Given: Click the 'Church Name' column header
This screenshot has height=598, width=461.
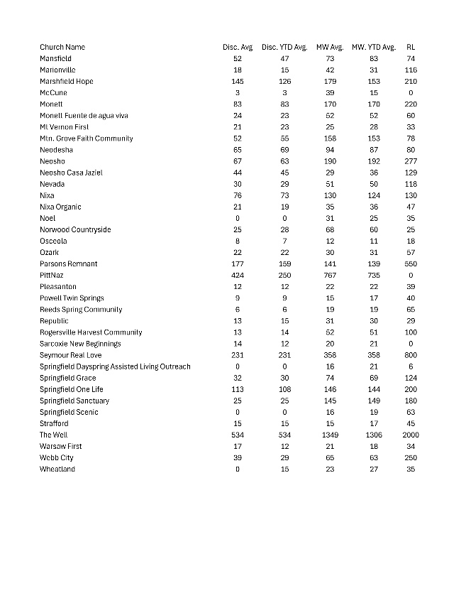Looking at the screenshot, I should click(x=62, y=47).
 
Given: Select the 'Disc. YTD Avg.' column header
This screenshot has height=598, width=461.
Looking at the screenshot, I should click(x=284, y=47).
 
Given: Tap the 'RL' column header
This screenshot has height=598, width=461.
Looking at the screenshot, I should click(x=411, y=47).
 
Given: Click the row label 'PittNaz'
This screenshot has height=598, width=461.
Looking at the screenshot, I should click(x=52, y=275).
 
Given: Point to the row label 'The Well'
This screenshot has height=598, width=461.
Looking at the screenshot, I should click(x=54, y=435).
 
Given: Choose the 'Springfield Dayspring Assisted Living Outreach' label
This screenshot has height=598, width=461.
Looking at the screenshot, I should click(x=115, y=366).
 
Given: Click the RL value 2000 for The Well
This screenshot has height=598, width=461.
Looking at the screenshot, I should click(x=411, y=435).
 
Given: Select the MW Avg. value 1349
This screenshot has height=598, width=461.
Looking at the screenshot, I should click(x=330, y=435).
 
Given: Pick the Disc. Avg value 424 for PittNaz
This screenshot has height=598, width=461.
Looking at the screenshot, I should click(x=238, y=275).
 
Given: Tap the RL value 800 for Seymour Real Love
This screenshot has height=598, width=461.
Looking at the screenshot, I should click(x=411, y=355).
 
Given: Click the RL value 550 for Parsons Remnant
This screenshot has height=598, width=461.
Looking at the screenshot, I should click(x=411, y=263).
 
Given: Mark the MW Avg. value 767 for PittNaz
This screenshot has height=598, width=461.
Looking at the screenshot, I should click(x=330, y=275).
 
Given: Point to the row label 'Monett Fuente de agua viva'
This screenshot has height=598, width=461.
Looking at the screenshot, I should click(x=84, y=115).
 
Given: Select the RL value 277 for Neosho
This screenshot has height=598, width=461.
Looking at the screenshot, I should click(x=411, y=161).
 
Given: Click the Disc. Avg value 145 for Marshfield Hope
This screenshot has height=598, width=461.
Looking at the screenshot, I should click(x=238, y=81).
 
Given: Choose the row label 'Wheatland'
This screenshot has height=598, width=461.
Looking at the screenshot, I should click(x=57, y=469).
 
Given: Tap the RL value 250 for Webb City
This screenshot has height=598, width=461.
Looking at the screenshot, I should click(x=411, y=457).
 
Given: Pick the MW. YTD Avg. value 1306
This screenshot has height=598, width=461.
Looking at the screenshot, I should click(x=374, y=435).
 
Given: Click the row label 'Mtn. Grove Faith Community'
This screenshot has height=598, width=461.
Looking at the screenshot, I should click(x=87, y=138).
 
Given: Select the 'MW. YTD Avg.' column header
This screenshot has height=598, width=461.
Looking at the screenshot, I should click(x=374, y=47).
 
